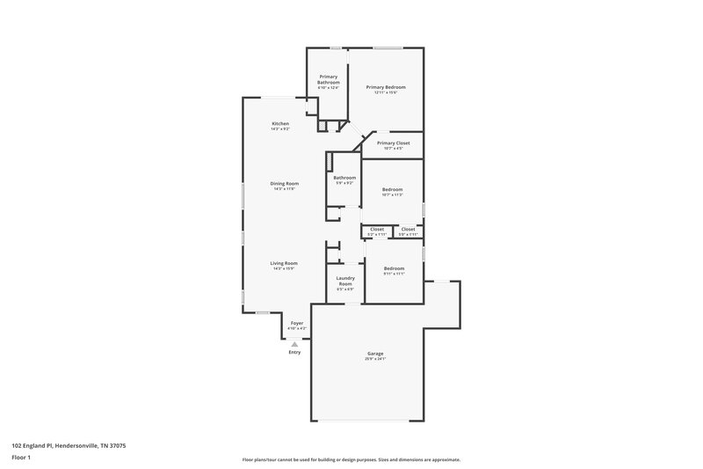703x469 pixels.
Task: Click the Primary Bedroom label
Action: pos(386,87)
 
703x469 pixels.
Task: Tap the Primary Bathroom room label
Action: pos(329,79)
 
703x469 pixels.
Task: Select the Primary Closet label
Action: pos(393,143)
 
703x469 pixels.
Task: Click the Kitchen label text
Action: pos(280,123)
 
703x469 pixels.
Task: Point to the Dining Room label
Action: pos(284,183)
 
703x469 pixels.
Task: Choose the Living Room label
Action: pos(284,263)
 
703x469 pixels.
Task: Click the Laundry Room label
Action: pos(345,281)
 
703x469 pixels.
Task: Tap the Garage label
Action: pos(375,354)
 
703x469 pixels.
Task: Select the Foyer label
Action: pos(296,323)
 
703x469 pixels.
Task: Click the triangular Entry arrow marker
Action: pos(294,344)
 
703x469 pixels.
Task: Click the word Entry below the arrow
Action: pos(294,353)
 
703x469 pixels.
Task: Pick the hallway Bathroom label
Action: pos(344,178)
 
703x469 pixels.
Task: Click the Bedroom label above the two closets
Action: pos(392,189)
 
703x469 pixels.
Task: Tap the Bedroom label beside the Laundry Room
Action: pos(393,268)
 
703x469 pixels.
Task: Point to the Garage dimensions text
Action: pos(375,359)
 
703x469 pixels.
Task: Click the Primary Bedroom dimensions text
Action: pos(386,92)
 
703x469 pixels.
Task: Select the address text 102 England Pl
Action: pos(55,445)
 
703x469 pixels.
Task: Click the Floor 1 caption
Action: pos(21,458)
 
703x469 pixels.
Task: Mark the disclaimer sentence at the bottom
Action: pos(351,459)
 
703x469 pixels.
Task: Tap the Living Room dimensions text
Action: pos(284,268)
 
